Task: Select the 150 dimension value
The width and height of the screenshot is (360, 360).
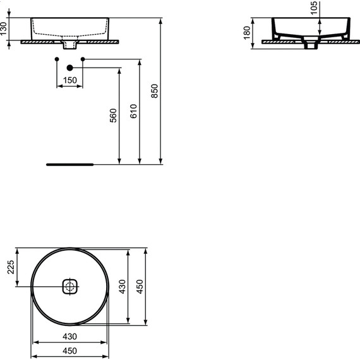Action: [69, 80]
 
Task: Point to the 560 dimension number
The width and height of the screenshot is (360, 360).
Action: [114, 115]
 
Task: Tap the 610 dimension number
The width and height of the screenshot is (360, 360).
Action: [133, 112]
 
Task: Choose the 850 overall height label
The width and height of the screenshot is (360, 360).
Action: [155, 92]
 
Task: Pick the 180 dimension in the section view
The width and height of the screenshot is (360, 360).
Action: [248, 32]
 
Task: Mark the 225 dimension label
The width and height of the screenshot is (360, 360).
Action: [11, 268]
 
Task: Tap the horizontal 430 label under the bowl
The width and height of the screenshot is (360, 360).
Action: [69, 337]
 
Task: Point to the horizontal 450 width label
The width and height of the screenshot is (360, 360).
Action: [69, 351]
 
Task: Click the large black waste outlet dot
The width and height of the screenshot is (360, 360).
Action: [70, 67]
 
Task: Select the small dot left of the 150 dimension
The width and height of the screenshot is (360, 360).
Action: [57, 59]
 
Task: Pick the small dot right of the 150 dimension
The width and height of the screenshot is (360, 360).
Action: [83, 59]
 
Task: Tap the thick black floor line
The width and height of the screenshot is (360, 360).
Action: [69, 164]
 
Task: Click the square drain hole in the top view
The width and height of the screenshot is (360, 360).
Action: [69, 287]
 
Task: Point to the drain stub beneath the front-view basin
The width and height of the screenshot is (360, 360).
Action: [69, 46]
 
